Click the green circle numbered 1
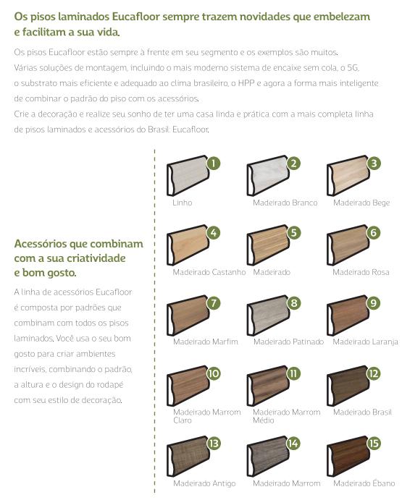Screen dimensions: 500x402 tap(213, 163)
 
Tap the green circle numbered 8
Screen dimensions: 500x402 tap(293, 303)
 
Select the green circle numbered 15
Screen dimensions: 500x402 tap(374, 444)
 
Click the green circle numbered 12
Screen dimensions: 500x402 tap(374, 373)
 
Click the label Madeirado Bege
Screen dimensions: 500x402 tap(361, 203)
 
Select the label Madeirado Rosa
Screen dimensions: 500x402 tap(361, 272)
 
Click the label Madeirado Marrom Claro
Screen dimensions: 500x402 tap(206, 416)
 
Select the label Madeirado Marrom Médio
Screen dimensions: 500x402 tap(286, 416)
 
